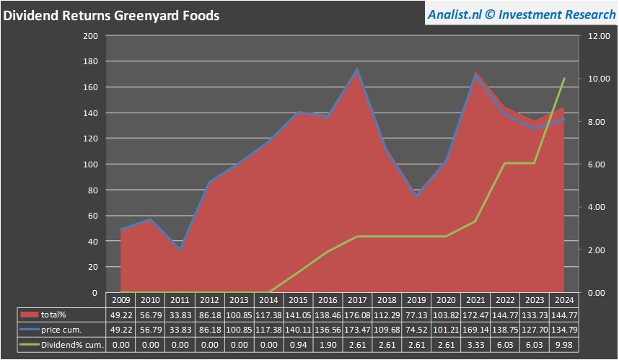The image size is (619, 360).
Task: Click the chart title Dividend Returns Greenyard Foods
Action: [x=111, y=15]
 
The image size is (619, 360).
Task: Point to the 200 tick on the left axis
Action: [x=90, y=36]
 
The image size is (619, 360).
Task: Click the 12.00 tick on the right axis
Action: [x=598, y=36]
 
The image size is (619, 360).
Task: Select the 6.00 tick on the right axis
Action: [x=598, y=164]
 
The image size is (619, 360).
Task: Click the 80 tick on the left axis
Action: [x=92, y=190]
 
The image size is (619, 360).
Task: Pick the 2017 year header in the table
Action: [x=357, y=300]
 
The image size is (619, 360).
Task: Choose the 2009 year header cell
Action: [x=120, y=300]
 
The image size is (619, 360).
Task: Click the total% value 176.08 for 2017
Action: [x=357, y=315]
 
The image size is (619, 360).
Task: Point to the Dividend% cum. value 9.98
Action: [x=564, y=345]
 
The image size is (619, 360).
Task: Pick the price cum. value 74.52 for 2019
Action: [x=416, y=330]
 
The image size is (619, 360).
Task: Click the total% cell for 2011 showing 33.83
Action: [x=180, y=315]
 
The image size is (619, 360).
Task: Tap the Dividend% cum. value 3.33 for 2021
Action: [x=475, y=345]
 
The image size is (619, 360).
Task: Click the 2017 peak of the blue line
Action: [x=357, y=70]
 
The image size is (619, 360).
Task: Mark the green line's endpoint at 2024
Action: [x=564, y=78]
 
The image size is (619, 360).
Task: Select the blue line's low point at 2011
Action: [x=180, y=249]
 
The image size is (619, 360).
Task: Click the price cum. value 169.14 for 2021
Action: [x=475, y=330]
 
